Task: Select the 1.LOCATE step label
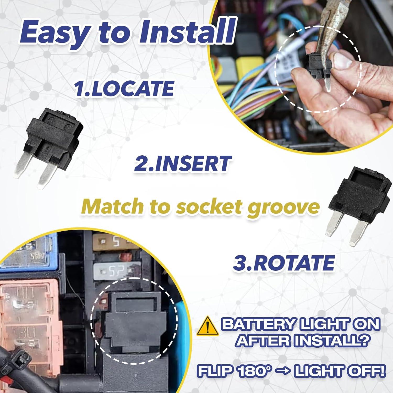(x=124, y=88)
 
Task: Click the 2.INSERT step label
(x=183, y=163)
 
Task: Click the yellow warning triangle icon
(x=208, y=326)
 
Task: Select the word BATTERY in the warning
(x=258, y=324)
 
